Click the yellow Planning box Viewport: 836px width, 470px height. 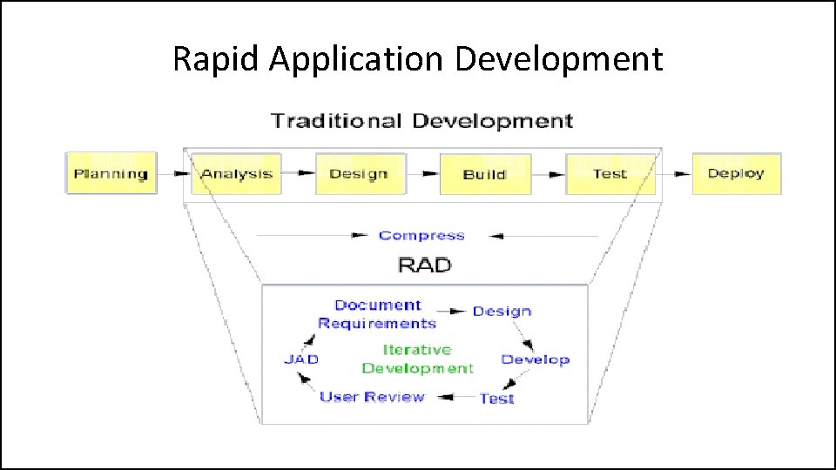click(x=111, y=173)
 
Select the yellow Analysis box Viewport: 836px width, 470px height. click(x=236, y=173)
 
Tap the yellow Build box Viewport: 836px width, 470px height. click(x=484, y=174)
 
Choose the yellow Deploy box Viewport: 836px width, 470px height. click(x=736, y=173)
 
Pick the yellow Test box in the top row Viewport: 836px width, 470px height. click(x=610, y=173)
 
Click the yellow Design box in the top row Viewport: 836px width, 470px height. click(x=359, y=173)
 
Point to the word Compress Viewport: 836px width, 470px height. click(x=421, y=235)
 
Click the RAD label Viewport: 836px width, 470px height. click(x=424, y=264)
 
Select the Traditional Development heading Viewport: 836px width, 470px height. click(x=422, y=120)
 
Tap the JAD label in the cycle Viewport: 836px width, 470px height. click(x=301, y=359)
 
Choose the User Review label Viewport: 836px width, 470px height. click(x=372, y=397)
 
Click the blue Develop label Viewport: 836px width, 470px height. click(x=535, y=359)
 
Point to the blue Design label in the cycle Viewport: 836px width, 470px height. click(x=502, y=311)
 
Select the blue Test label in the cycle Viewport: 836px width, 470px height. click(x=497, y=399)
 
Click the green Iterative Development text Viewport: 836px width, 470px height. click(x=418, y=359)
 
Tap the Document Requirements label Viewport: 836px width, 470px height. click(x=377, y=314)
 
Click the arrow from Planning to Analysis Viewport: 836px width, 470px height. click(x=178, y=174)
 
